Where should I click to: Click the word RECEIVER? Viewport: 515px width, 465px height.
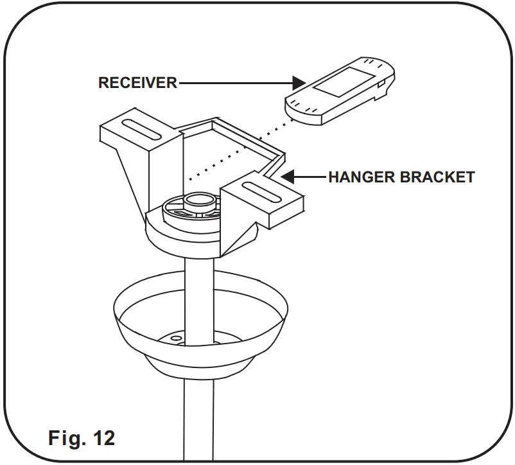tap(137, 83)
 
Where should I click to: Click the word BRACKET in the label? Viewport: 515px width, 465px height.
tap(438, 177)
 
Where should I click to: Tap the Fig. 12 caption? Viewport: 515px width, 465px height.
tap(82, 438)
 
